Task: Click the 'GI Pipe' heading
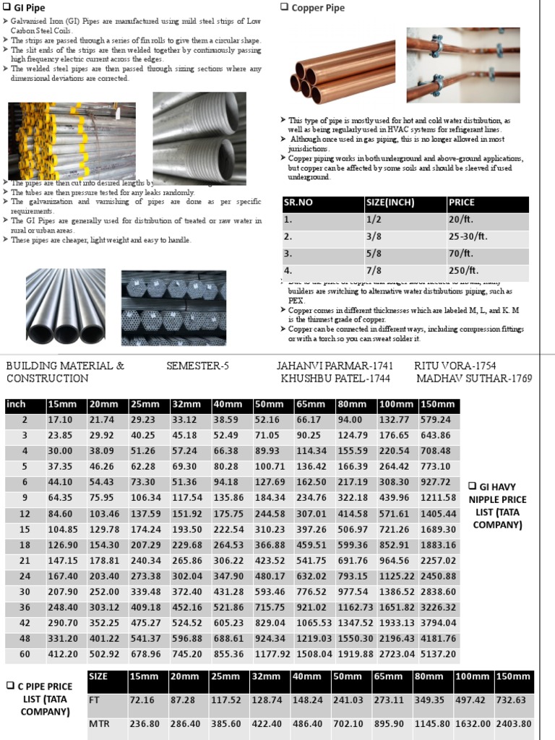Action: pos(25,8)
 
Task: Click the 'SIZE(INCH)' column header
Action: pos(391,203)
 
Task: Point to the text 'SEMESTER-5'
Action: pos(197,366)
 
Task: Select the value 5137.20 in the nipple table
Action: pos(439,655)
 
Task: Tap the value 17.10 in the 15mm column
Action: pos(60,420)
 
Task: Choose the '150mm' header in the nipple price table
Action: pos(439,405)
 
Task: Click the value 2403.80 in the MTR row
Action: pos(514,723)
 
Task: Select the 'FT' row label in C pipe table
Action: pos(95,700)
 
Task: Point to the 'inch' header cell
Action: pos(16,405)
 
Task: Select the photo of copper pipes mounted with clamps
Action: pos(462,65)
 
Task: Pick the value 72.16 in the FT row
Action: pos(142,700)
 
